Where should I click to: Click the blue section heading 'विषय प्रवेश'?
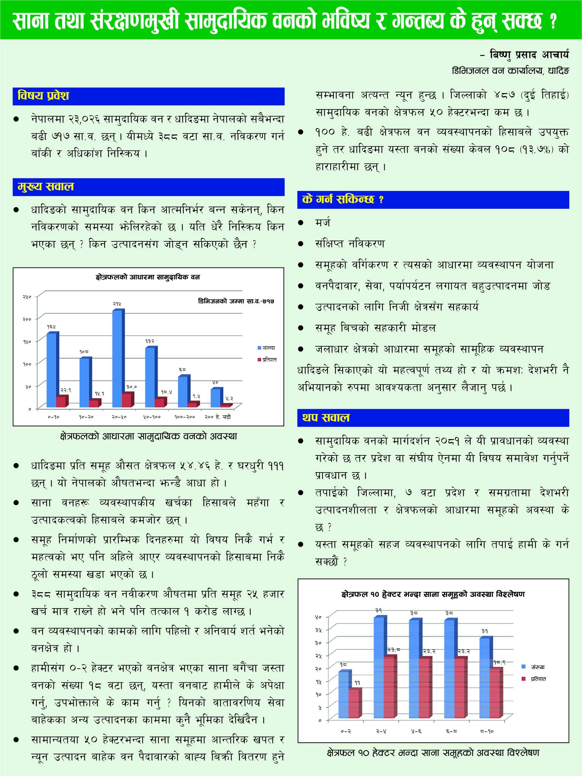point(44,96)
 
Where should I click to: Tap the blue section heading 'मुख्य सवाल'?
point(46,187)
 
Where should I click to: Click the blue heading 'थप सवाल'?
point(326,418)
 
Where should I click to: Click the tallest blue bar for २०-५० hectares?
point(117,358)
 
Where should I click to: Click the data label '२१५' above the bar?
point(117,304)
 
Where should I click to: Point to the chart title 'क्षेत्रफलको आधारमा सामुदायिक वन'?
point(148,277)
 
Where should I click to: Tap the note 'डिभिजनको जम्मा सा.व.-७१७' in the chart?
point(236,301)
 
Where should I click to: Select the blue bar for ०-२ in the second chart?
point(343,694)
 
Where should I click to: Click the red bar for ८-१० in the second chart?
point(496,692)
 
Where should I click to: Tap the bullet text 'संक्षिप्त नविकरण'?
point(350,243)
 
